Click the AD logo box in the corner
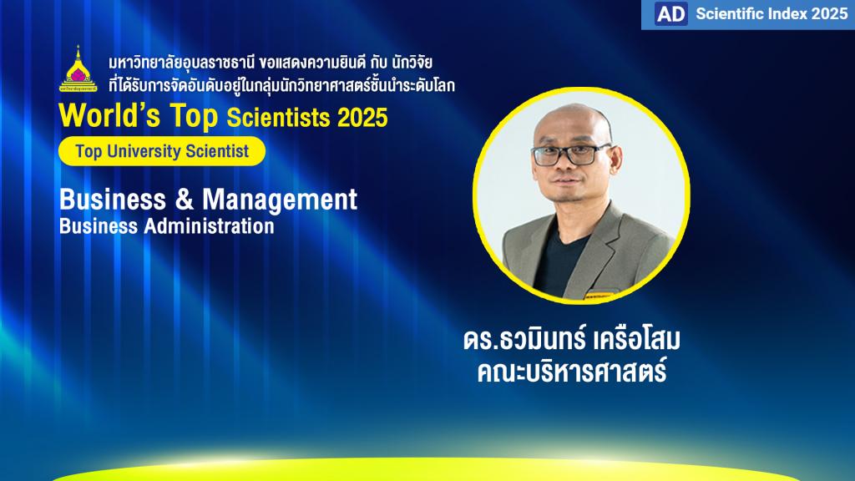pos(670,13)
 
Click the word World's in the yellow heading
pos(109,115)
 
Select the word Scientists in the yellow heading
pos(278,118)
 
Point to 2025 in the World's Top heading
pos(362,118)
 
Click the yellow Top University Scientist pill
pos(162,151)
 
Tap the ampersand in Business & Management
pos(185,199)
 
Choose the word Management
pos(280,200)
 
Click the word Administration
pos(209,226)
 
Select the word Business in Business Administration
pos(99,226)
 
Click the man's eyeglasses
pos(571,154)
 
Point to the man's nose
pos(565,166)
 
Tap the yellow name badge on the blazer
pos(600,296)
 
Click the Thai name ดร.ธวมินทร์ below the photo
pos(524,339)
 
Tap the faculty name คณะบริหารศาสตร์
pos(572,371)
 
